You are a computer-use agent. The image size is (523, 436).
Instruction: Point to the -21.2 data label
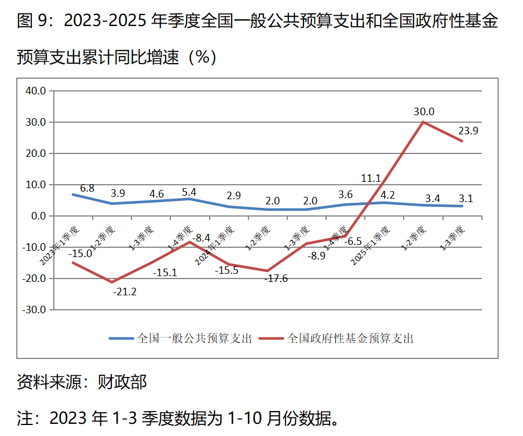(125, 291)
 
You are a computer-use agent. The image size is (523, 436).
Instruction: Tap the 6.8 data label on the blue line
(87, 188)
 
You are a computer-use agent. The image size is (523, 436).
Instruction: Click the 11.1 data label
(371, 178)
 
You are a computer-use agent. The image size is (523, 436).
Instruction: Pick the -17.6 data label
(276, 279)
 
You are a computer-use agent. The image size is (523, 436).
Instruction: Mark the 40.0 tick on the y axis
(36, 91)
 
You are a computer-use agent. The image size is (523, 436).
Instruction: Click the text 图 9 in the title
(31, 22)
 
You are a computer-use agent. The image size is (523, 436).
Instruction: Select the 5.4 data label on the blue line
(189, 191)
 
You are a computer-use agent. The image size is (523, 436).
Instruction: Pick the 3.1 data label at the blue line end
(466, 199)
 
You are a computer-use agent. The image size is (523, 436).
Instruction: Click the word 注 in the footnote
(25, 417)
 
